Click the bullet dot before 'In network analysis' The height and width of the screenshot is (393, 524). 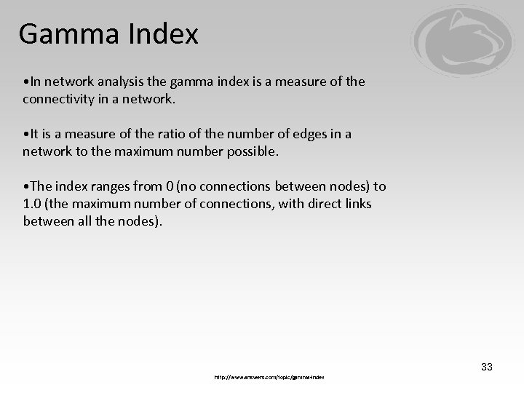coord(26,82)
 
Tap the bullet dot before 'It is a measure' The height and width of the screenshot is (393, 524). coord(26,134)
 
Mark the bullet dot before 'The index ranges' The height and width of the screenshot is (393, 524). coord(26,187)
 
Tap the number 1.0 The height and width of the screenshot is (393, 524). coord(32,204)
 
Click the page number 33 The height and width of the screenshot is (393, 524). coord(486,367)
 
